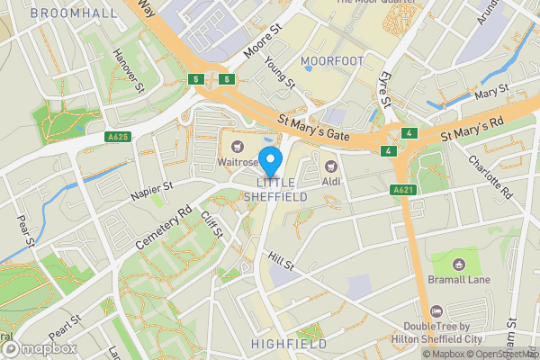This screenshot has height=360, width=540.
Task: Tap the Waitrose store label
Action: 236,163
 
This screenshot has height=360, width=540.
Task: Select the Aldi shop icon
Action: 330,165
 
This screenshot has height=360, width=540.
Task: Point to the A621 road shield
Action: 404,190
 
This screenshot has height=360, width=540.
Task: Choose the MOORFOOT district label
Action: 332,61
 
